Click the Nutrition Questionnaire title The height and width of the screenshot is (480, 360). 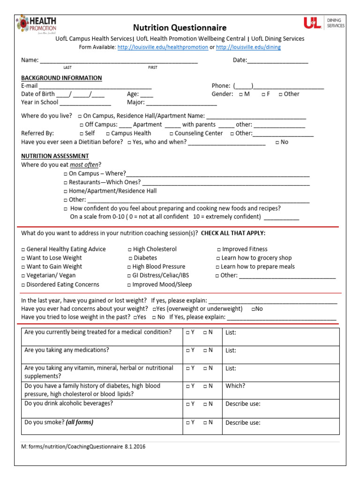tap(180, 28)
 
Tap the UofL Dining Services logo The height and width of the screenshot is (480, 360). tap(324, 23)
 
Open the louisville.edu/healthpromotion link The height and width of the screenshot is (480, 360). tap(163, 47)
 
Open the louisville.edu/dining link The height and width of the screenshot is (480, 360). tap(248, 47)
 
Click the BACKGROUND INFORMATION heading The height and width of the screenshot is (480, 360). tap(61, 78)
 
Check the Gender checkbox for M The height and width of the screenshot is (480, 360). tap(240, 94)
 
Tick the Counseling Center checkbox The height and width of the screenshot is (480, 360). tap(172, 134)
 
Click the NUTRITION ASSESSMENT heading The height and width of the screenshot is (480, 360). tap(55, 156)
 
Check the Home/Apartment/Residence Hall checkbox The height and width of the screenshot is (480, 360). tap(66, 191)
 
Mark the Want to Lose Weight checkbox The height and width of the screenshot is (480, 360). tap(23, 258)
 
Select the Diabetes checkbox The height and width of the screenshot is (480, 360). tap(131, 258)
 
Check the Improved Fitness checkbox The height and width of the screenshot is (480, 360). tap(219, 249)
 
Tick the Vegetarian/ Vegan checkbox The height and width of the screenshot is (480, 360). tap(23, 276)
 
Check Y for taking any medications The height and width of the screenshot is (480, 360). tap(187, 350)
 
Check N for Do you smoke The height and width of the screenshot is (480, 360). tap(205, 422)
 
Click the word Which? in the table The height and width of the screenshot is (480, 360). tap(235, 386)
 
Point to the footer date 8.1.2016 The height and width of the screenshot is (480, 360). tap(135, 447)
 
